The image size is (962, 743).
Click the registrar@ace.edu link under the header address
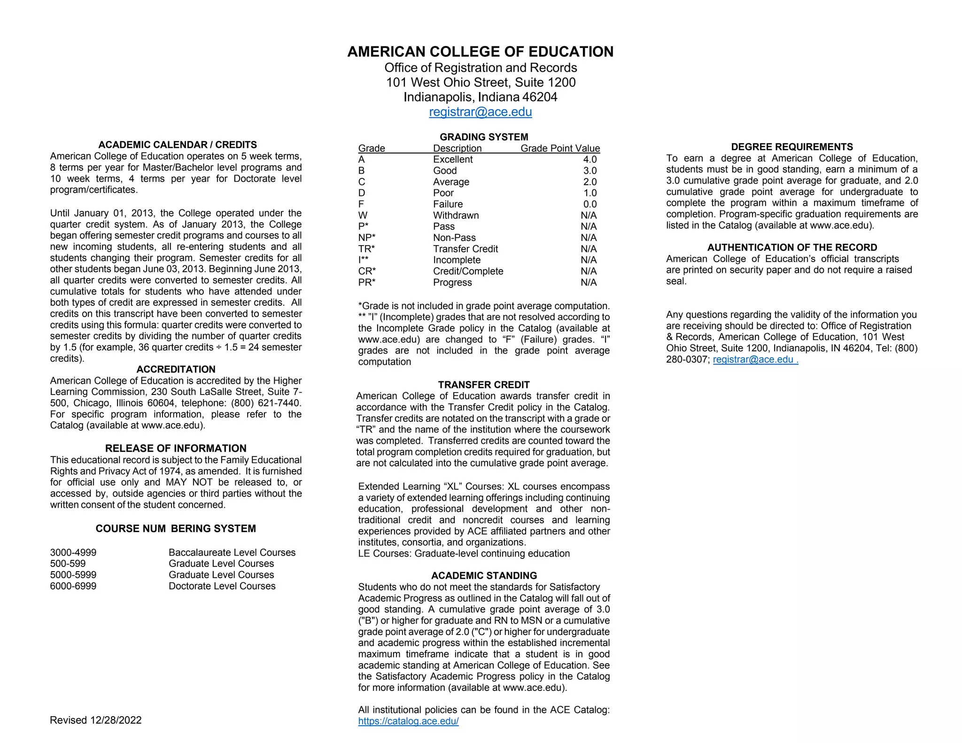click(x=480, y=112)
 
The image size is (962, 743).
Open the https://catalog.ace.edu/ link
click(x=408, y=721)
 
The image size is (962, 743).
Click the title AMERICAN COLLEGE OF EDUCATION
click(x=480, y=52)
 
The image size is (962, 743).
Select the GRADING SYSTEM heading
click(x=483, y=137)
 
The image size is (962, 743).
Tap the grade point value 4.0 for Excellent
click(x=590, y=159)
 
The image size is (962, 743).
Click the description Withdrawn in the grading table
click(x=456, y=215)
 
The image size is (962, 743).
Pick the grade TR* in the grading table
click(x=366, y=249)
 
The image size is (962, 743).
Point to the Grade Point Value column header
click(x=560, y=148)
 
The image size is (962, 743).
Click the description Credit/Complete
click(x=468, y=271)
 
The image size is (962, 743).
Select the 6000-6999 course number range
click(x=73, y=586)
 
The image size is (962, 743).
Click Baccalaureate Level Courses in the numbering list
click(x=232, y=552)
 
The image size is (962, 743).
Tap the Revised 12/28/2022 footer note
click(x=96, y=720)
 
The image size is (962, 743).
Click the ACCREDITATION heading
click(x=176, y=369)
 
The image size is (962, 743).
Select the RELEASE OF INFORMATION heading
click(x=176, y=448)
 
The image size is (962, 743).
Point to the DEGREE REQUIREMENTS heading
click(x=791, y=147)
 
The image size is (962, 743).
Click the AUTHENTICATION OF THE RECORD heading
click(x=792, y=247)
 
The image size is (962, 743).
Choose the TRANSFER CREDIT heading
click(x=483, y=385)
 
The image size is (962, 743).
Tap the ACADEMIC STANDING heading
click(x=484, y=575)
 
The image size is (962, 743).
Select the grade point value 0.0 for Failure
click(x=590, y=204)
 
